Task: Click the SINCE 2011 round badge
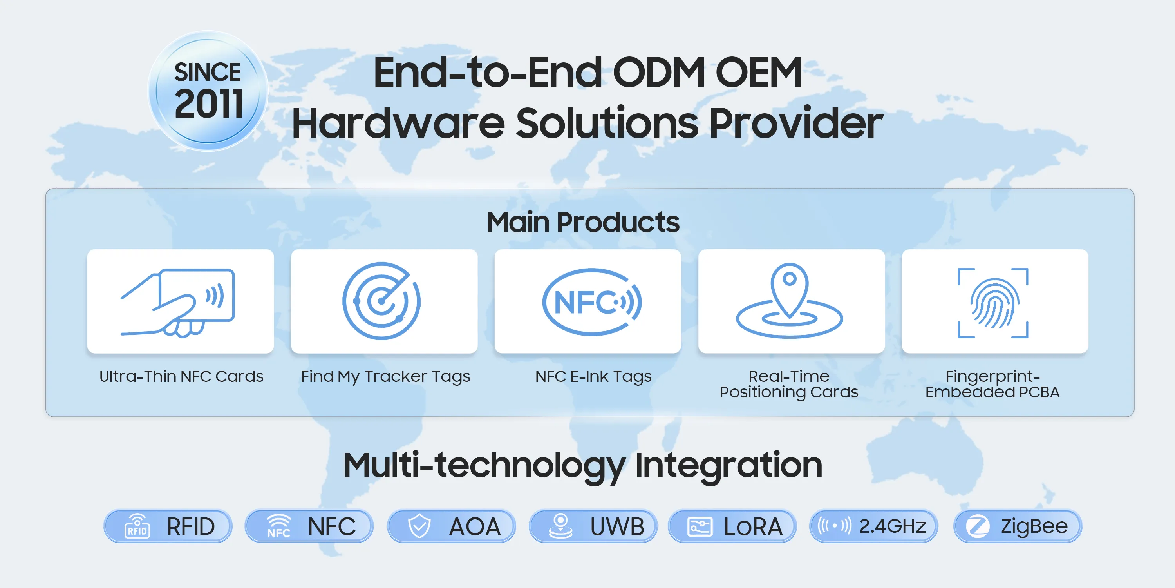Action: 208,91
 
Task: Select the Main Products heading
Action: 583,222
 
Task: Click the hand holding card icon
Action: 178,302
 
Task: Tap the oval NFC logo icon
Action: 592,302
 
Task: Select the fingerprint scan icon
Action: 993,303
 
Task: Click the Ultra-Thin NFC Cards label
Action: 181,376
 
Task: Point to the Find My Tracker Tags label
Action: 385,377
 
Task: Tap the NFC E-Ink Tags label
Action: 593,377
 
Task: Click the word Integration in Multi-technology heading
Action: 728,465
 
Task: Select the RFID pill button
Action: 168,526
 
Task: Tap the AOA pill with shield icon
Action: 452,526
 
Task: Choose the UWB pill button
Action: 593,526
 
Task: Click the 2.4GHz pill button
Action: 874,526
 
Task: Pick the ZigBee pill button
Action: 1018,526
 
